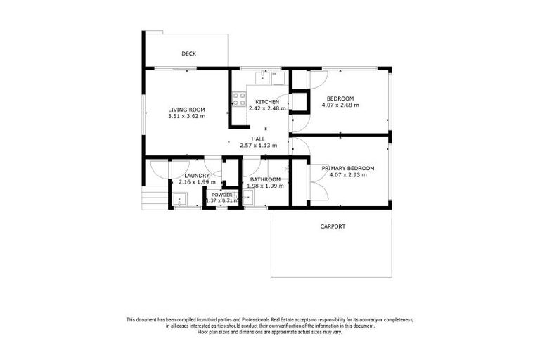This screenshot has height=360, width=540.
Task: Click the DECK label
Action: point(188,53)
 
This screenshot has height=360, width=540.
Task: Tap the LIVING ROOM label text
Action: point(186,109)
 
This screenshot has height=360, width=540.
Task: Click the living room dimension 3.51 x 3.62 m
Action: point(186,116)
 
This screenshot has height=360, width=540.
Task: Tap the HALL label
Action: point(258,139)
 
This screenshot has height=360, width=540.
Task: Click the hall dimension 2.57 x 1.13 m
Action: point(258,146)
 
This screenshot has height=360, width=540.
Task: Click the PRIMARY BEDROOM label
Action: point(347,169)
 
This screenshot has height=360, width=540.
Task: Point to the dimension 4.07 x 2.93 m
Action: point(347,175)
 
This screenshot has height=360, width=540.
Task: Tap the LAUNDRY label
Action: point(198,176)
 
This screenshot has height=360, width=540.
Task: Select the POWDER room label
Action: point(222,195)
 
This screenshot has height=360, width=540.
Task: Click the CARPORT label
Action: point(333,226)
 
